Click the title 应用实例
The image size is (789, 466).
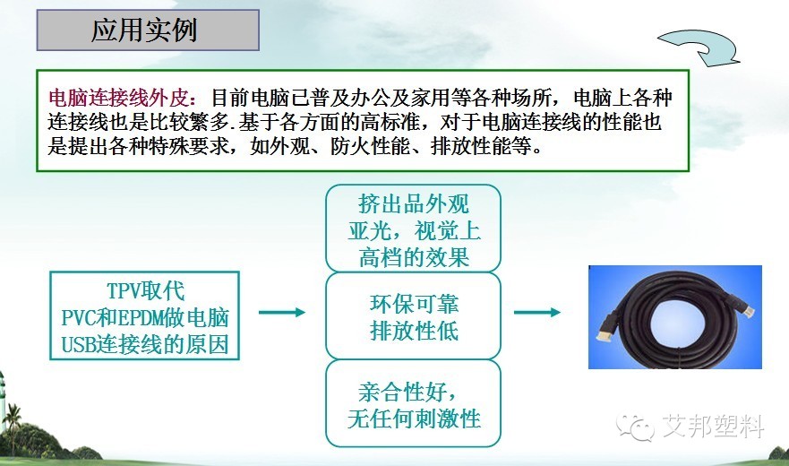(x=144, y=30)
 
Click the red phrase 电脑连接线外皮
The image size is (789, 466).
(x=119, y=98)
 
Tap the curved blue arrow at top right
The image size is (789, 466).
(x=699, y=47)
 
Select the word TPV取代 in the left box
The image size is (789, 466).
(x=146, y=290)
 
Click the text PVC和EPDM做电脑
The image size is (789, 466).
(x=145, y=318)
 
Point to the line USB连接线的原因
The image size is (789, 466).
(x=145, y=345)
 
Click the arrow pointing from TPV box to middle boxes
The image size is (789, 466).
(x=282, y=313)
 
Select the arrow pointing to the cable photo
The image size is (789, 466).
(x=537, y=313)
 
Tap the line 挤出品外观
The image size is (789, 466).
(x=413, y=204)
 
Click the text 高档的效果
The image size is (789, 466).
(x=414, y=257)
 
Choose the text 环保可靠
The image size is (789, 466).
(x=414, y=304)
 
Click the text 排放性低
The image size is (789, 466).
(x=414, y=331)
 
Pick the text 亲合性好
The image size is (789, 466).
(x=407, y=392)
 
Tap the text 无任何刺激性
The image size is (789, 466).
(x=414, y=419)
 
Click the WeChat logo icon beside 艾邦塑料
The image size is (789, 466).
(x=636, y=427)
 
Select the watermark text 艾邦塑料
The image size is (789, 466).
(x=713, y=427)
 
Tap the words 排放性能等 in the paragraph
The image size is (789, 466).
(x=481, y=147)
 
